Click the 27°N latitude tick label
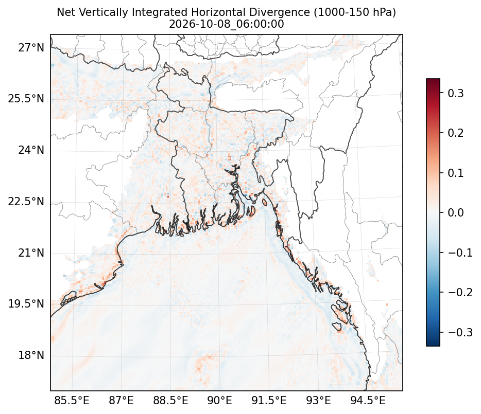pos(31,48)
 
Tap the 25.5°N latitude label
pos(26,99)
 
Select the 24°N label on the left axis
pos(31,150)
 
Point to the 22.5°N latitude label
pos(26,202)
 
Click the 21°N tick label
pos(31,253)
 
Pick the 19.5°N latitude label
pos(26,304)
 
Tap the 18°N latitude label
pos(31,355)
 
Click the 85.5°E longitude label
pos(72,400)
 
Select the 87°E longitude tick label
pos(121,400)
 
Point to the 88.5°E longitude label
pos(170,400)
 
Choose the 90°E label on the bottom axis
pos(219,400)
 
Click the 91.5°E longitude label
pos(269,400)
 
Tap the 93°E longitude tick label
pos(318,400)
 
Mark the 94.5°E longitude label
pos(368,400)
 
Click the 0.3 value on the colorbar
pos(456,93)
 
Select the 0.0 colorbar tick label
pos(456,213)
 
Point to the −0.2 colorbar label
pos(460,292)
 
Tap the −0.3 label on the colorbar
pos(460,332)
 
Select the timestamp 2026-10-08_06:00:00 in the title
pos(227,24)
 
